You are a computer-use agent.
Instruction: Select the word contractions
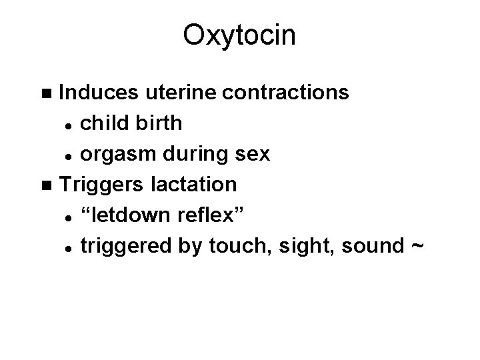286,92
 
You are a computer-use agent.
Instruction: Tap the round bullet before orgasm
68,155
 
